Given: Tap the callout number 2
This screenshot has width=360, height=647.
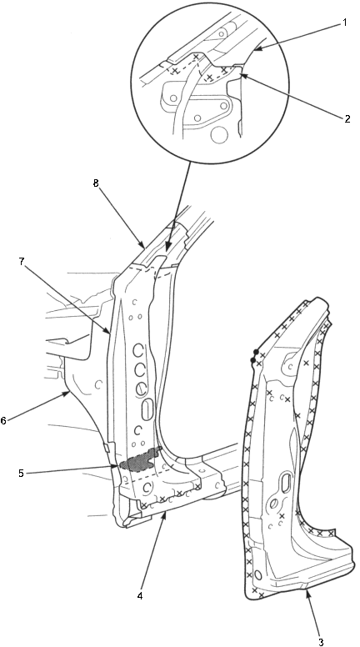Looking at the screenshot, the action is coord(347,119).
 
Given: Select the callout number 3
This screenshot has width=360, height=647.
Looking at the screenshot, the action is coord(321,641).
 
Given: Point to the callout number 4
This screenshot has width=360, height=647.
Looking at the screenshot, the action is coord(140,596).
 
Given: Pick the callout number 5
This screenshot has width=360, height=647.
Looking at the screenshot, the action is coord(21,474).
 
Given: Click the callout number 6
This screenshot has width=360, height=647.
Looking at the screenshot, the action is coord(3,421).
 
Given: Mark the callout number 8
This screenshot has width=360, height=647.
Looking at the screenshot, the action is coord(96,183).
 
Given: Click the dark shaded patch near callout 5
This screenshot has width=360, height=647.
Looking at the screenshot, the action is coord(139,459).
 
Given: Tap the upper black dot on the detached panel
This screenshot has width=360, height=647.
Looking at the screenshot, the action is coord(256,352).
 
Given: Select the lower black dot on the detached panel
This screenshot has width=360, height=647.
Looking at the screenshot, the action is coord(252,360).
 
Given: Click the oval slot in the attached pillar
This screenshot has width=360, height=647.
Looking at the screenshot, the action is coord(147,410).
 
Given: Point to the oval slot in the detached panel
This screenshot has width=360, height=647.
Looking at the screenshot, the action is coord(285,484).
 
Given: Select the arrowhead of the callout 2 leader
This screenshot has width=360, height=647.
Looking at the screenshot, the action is coord(242,76).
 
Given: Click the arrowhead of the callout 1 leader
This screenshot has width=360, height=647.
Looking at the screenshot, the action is coord(256,50).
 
